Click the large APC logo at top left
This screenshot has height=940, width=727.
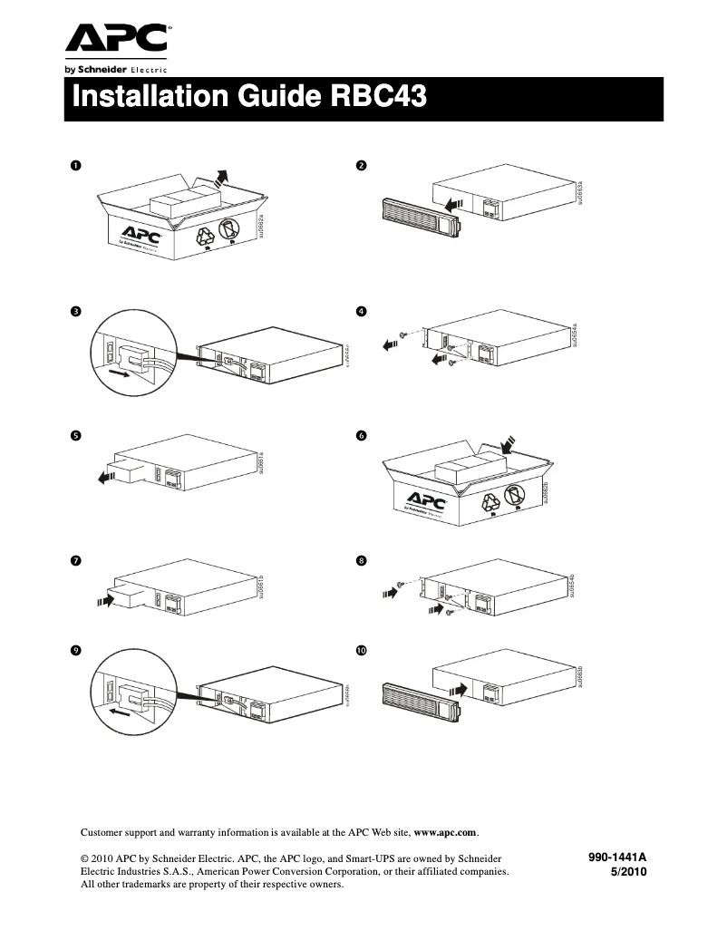pos(116,38)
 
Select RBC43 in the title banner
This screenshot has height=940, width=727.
pos(375,98)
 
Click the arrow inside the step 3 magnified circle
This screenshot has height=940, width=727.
pos(118,372)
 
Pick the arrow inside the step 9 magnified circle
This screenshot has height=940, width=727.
pos(118,712)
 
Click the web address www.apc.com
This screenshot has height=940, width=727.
pos(445,831)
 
